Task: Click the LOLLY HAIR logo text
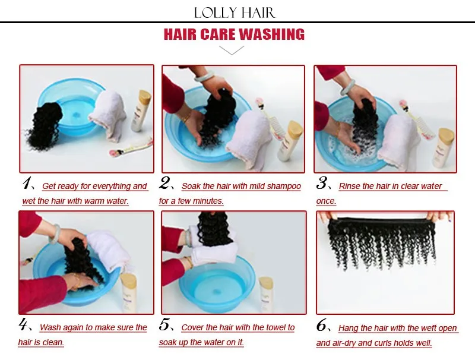(235, 13)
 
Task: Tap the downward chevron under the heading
(232, 50)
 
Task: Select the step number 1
(27, 183)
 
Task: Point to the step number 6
(322, 326)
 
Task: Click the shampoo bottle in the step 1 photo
(141, 110)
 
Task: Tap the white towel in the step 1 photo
(107, 115)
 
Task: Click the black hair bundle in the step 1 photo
(45, 126)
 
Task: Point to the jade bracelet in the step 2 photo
(204, 77)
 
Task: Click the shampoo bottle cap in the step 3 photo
(446, 137)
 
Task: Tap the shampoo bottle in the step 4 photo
(129, 293)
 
